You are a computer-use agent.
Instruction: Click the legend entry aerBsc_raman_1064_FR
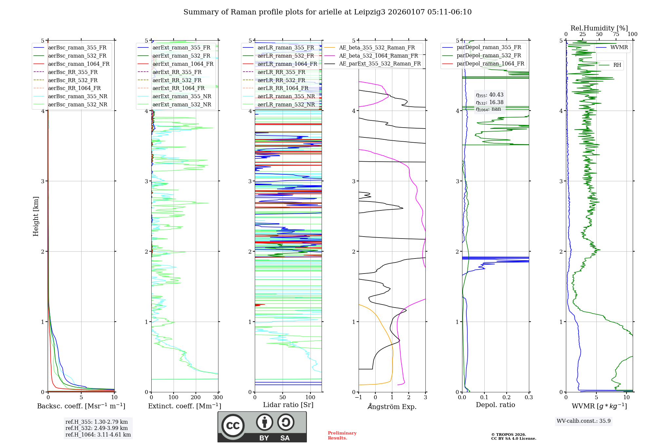[x=79, y=64]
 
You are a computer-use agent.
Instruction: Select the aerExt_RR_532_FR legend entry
[x=177, y=80]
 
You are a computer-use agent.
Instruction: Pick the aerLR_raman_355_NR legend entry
[x=286, y=96]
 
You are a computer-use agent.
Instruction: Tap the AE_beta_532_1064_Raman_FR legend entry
[x=378, y=56]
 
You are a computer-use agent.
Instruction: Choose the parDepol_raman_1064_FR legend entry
[x=490, y=63]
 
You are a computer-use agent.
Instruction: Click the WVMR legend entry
[x=619, y=47]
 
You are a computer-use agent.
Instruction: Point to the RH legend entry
[x=617, y=65]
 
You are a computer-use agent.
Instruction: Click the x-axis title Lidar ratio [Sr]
[x=288, y=405]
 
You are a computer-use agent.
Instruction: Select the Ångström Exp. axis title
[x=392, y=406]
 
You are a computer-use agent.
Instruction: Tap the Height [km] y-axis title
[x=36, y=216]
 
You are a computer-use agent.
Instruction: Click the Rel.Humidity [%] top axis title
[x=599, y=28]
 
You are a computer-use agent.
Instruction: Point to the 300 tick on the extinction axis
[x=218, y=397]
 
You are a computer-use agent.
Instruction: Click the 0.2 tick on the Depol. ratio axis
[x=507, y=397]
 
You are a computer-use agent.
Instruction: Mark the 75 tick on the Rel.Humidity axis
[x=616, y=34]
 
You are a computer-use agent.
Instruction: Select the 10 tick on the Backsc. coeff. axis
[x=114, y=397]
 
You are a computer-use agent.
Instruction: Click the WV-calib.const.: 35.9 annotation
[x=584, y=421]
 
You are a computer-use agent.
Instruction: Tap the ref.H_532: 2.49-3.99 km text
[x=97, y=428]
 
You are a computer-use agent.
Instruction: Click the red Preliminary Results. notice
[x=342, y=435]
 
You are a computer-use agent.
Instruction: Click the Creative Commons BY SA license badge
[x=262, y=427]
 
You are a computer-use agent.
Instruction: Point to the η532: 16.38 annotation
[x=490, y=102]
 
